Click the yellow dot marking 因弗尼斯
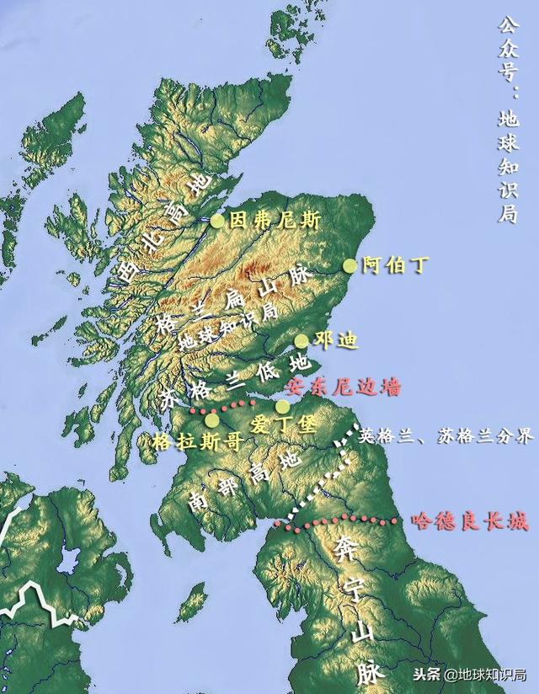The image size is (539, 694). pyautogui.click(x=217, y=221)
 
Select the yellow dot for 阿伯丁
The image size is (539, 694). pyautogui.click(x=350, y=266)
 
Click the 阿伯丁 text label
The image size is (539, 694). pyautogui.click(x=395, y=266)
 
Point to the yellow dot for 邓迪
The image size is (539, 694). pyautogui.click(x=302, y=341)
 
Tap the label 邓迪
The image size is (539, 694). pyautogui.click(x=335, y=341)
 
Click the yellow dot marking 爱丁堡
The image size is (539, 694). pyautogui.click(x=283, y=407)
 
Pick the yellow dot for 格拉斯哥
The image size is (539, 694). pyautogui.click(x=211, y=419)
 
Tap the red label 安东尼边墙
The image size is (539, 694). pyautogui.click(x=344, y=387)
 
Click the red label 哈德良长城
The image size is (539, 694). pyautogui.click(x=470, y=522)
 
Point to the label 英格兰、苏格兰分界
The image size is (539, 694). pyautogui.click(x=446, y=436)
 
